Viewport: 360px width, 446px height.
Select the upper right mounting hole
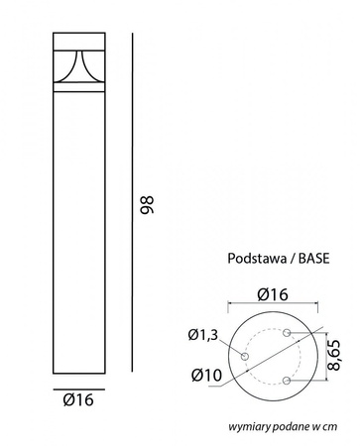click(288, 333)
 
